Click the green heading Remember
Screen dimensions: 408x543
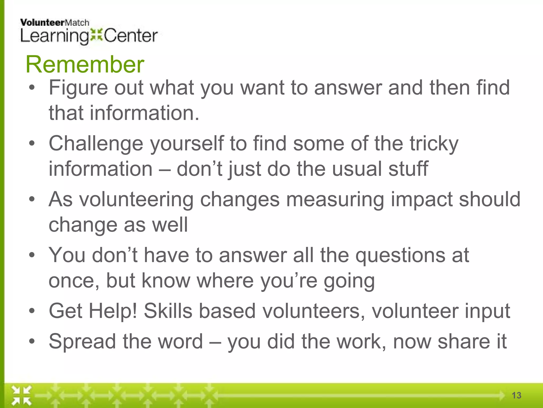(x=85, y=65)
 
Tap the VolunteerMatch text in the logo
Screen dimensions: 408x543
(x=54, y=23)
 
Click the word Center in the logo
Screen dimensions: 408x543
(x=131, y=36)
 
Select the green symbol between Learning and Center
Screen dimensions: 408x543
(x=96, y=35)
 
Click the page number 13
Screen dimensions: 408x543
(x=516, y=395)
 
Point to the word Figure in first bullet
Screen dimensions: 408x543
(x=78, y=88)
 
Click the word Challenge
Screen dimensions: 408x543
(x=96, y=144)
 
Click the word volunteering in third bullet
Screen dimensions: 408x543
(x=136, y=199)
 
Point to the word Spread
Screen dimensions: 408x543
(x=82, y=342)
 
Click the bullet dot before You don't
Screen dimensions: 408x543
(x=32, y=255)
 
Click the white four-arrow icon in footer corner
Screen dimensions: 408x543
(x=21, y=396)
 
